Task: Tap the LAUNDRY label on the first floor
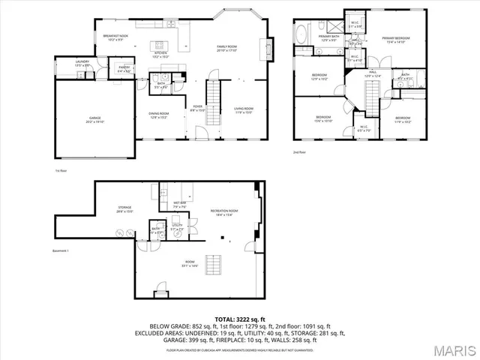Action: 82,63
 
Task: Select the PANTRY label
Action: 124,69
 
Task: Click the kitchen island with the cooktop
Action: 160,44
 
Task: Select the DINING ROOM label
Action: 158,115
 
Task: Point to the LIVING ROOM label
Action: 243,110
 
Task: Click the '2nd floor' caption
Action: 300,152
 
